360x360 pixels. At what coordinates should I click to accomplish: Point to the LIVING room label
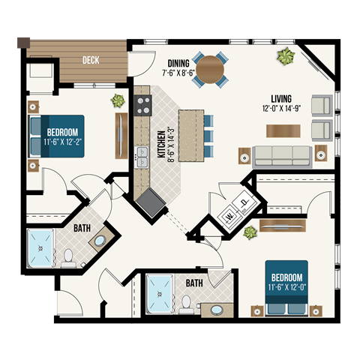(x=281, y=99)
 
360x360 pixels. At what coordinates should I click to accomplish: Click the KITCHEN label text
(x=160, y=145)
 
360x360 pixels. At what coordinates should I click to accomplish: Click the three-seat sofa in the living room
(x=281, y=155)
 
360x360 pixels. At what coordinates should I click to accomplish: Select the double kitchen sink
(x=141, y=157)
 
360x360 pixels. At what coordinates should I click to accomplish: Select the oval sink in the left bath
(x=98, y=241)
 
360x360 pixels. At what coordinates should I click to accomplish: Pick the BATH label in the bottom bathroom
(x=194, y=283)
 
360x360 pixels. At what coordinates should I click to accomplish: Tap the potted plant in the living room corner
(x=284, y=55)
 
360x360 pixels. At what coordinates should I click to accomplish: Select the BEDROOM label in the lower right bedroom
(x=286, y=273)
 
